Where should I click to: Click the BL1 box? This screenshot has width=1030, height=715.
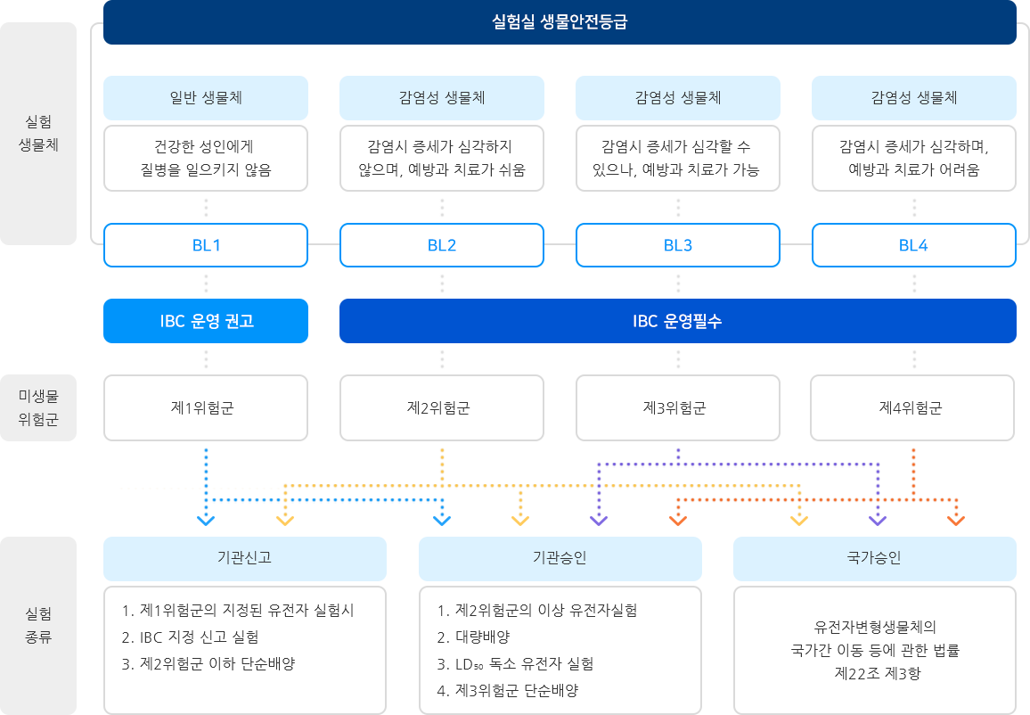(206, 246)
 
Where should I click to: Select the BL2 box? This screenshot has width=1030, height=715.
(442, 246)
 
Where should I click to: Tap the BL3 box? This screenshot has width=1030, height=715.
(677, 246)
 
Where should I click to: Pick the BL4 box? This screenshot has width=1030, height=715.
(913, 246)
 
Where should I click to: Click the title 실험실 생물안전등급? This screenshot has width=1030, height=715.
(560, 22)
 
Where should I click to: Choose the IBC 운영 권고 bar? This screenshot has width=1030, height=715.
(206, 321)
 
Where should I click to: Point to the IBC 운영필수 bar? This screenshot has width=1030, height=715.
(677, 321)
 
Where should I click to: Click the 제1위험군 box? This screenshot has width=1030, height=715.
(206, 408)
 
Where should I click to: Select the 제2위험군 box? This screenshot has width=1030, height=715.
(442, 408)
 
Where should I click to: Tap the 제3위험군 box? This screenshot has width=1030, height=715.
(677, 408)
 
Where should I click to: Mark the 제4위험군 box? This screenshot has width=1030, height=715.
(911, 408)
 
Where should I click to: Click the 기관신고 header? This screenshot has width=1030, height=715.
(245, 558)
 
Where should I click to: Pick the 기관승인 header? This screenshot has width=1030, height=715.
(560, 558)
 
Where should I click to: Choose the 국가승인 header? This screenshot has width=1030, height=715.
(874, 558)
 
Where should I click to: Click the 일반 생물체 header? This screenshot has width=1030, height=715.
(206, 97)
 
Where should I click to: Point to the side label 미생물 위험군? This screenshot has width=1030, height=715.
(39, 408)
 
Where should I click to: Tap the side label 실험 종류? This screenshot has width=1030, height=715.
(39, 625)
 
